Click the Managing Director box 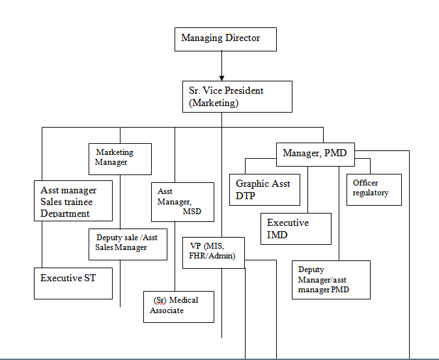coord(226,39)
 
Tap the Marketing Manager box coord(120,158)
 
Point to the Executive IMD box coord(296,228)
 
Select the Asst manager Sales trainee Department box coord(73,201)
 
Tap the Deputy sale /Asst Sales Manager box coord(128,244)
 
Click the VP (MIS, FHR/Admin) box coord(213,253)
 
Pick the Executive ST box coord(73,283)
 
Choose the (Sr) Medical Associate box coord(178,306)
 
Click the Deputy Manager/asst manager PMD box coord(331,279)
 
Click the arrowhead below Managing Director coord(221,74)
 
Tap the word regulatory coord(371,193)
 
